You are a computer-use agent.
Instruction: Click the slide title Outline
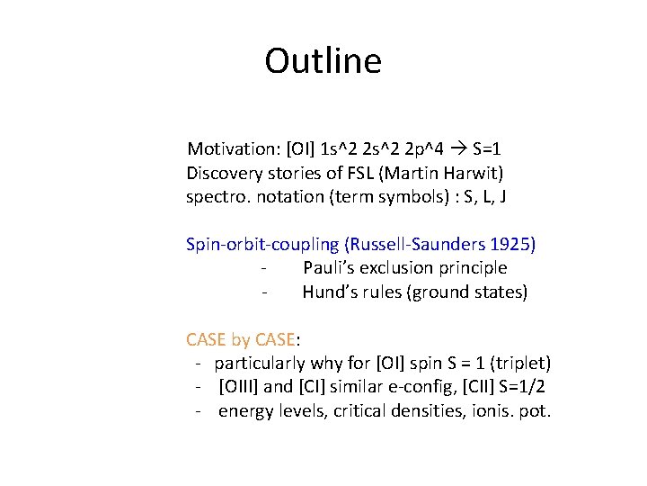click(323, 61)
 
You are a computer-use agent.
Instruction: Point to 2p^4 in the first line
click(422, 148)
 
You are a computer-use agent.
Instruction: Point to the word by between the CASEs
click(241, 340)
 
